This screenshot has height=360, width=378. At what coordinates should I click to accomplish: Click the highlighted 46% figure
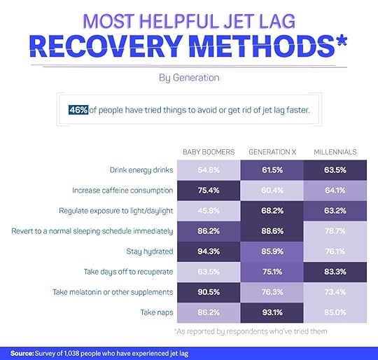coord(78,110)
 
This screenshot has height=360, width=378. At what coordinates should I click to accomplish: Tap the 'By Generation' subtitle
coord(189,78)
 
